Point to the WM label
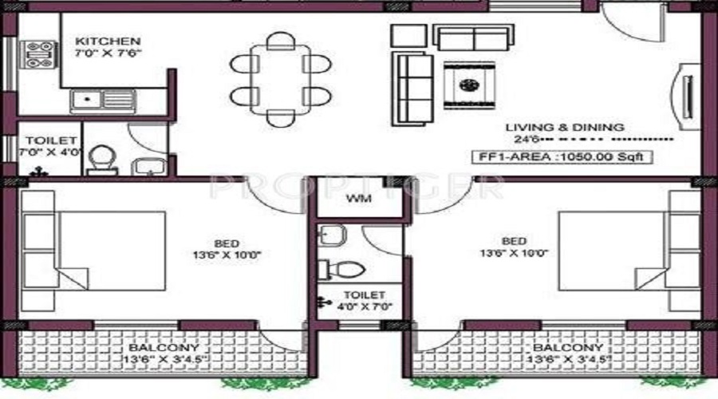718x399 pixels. click(356, 199)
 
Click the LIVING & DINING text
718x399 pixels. click(564, 127)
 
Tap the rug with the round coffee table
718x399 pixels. click(469, 85)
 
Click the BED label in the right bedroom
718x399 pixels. click(514, 241)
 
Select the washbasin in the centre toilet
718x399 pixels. click(331, 234)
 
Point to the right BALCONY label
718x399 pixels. click(567, 349)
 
